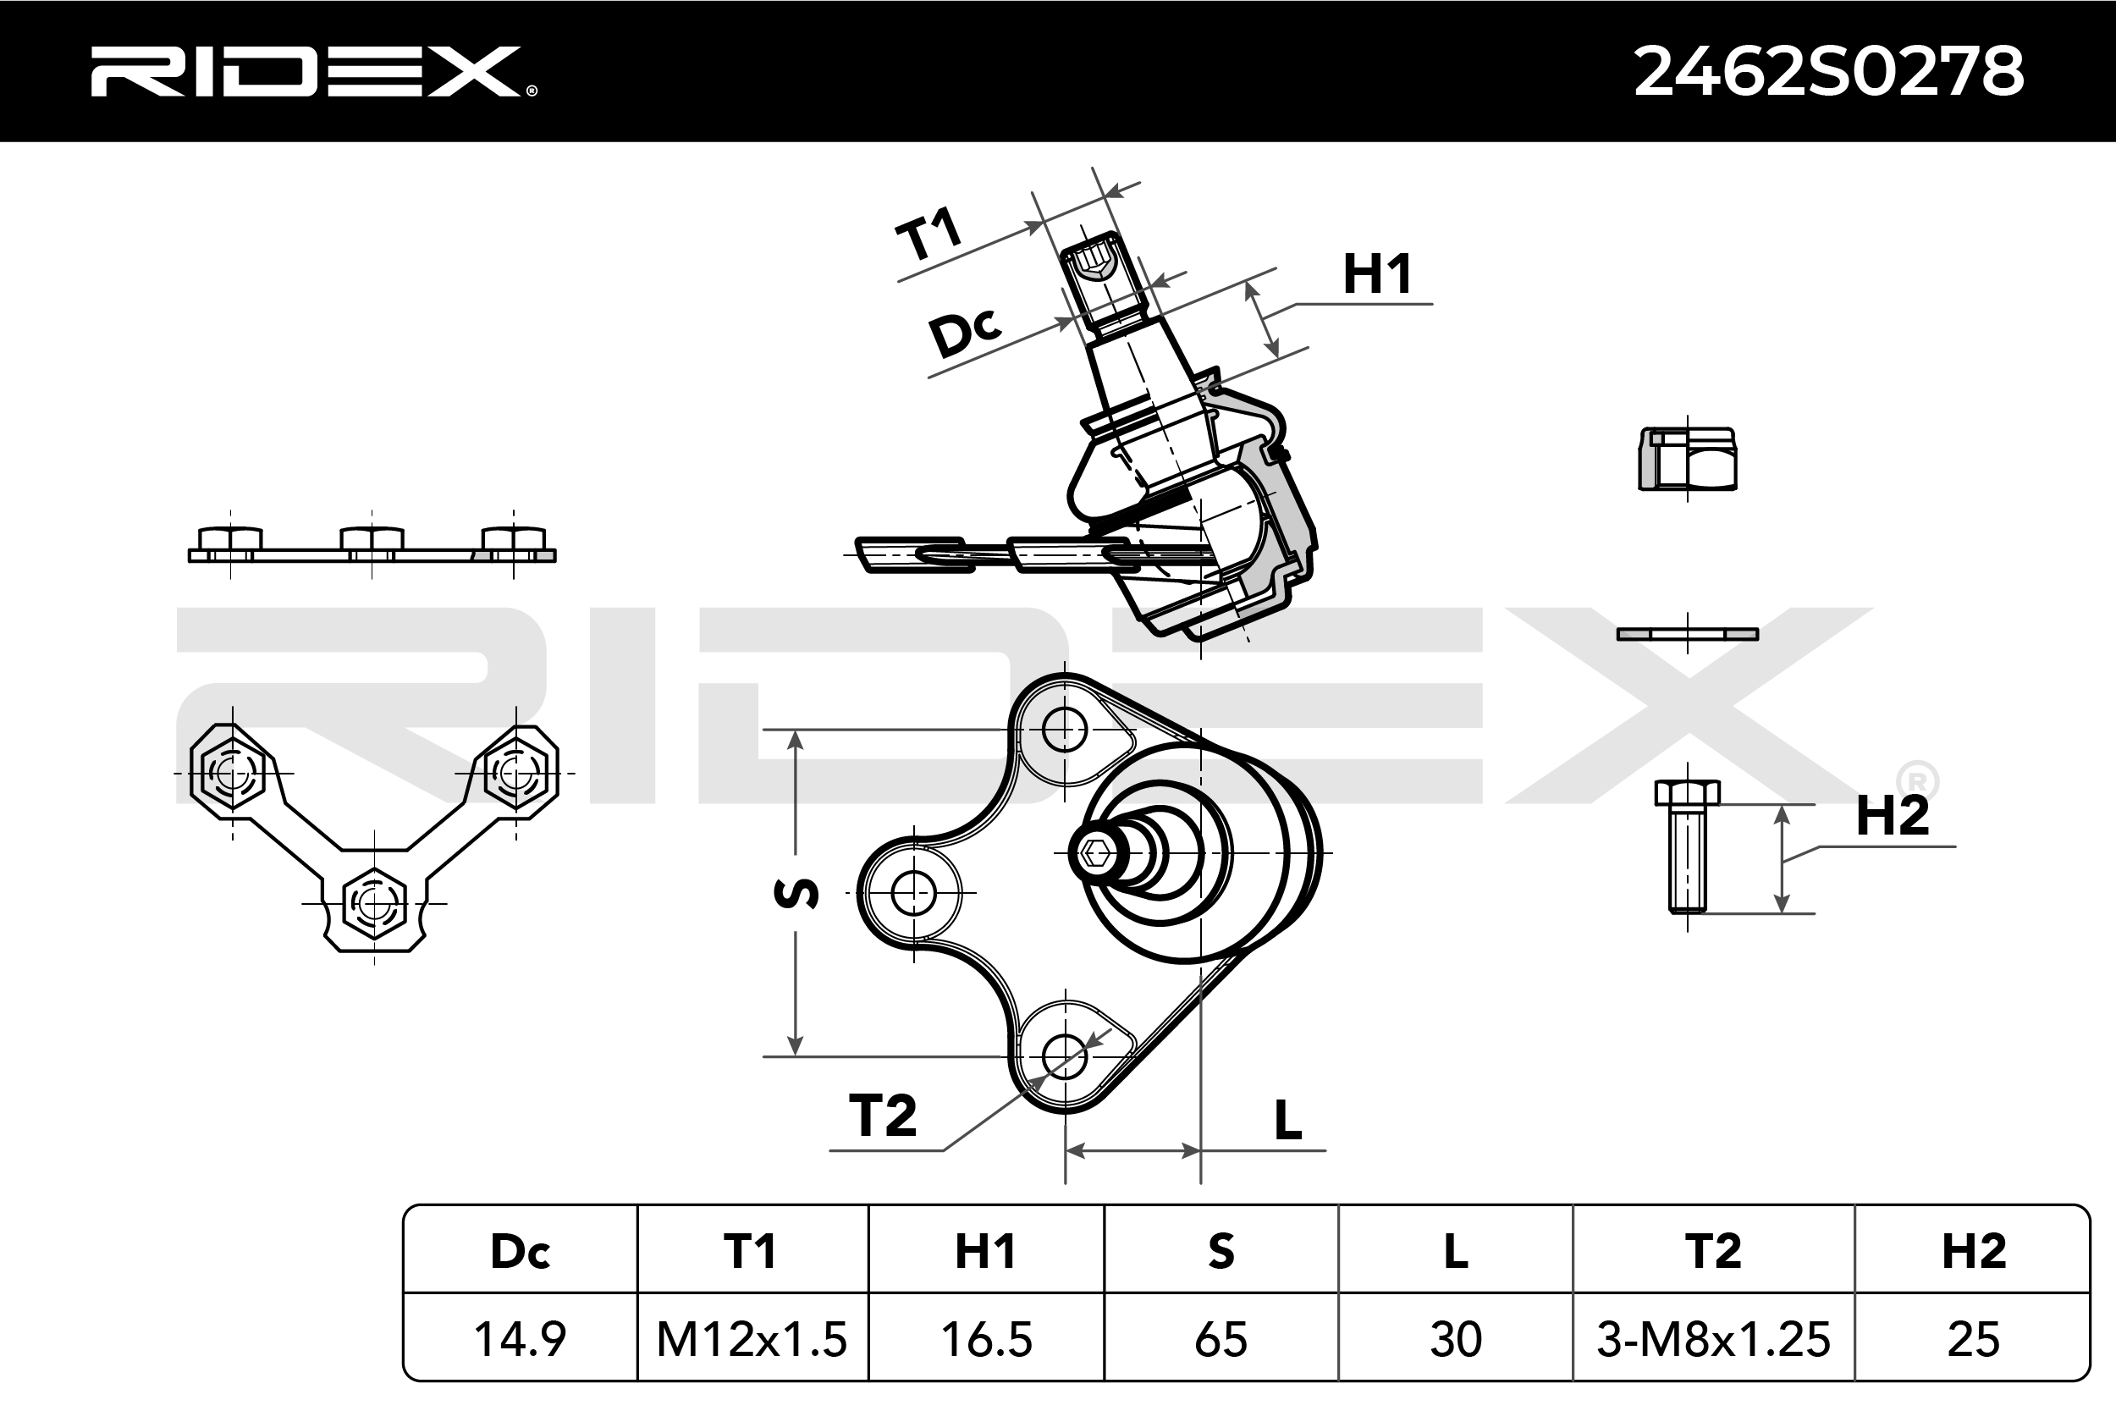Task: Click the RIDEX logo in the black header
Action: tap(311, 71)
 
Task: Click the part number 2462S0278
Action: tap(1828, 71)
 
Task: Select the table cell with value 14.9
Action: tap(520, 1339)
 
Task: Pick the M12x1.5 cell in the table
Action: tap(752, 1339)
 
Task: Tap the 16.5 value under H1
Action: tap(986, 1339)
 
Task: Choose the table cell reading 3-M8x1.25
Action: tap(1713, 1339)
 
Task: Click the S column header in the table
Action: tap(1221, 1251)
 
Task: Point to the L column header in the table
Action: tap(1456, 1251)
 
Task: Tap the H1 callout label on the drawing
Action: tap(1376, 274)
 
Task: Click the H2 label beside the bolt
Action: tap(1892, 816)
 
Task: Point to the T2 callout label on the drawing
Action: tap(883, 1116)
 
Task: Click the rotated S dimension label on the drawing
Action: tap(797, 893)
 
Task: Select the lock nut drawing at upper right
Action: tap(1687, 460)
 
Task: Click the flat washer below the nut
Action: tap(1687, 635)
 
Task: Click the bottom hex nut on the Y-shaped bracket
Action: tap(374, 901)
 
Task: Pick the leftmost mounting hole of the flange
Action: tap(914, 894)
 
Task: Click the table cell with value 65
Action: tap(1221, 1339)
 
